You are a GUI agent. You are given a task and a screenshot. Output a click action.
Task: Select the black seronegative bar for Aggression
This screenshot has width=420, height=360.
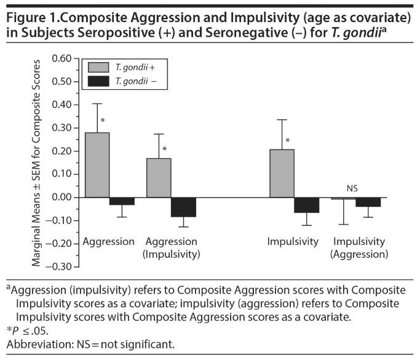122,201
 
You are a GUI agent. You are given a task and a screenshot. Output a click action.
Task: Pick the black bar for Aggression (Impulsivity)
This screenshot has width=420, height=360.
183,207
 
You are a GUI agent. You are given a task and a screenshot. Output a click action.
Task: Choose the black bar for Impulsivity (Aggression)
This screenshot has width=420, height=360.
368,202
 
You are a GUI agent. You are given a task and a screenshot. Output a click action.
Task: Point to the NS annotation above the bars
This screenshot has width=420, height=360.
352,189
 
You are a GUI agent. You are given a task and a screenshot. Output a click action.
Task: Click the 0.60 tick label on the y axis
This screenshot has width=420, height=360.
61,58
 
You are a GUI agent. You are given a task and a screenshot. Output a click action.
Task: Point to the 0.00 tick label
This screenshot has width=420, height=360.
61,198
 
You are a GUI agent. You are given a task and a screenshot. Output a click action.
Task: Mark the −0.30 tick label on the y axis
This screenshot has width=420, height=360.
59,267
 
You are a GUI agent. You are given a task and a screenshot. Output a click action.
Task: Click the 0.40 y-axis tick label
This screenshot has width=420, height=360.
61,105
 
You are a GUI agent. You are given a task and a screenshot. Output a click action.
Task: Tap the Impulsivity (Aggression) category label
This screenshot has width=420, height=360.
360,247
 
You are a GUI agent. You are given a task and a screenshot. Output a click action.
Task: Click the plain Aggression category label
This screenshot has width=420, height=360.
108,241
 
